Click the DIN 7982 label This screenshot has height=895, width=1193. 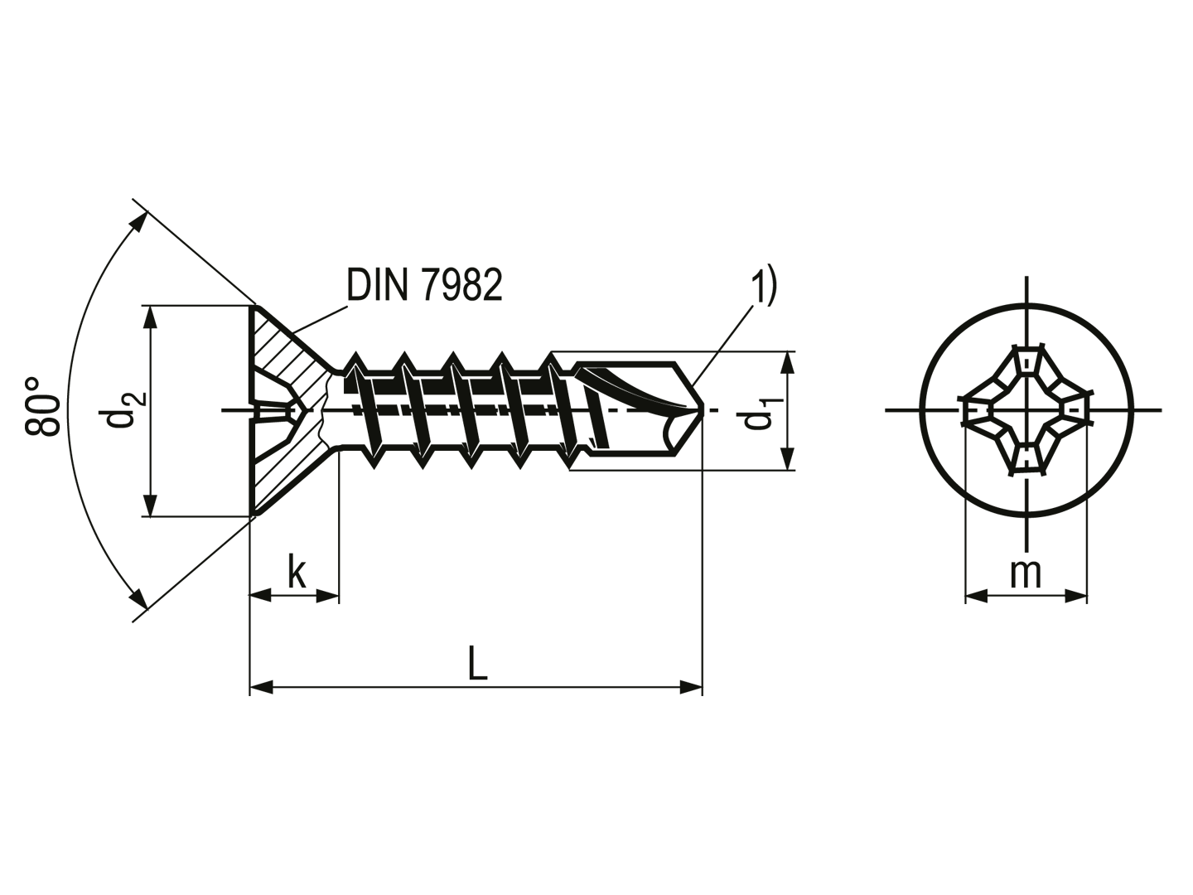(424, 285)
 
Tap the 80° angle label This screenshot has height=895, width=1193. (42, 406)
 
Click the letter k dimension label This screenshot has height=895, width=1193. (297, 572)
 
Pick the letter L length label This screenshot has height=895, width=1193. (477, 663)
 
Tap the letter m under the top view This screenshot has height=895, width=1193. (1026, 573)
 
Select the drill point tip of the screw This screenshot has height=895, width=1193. (703, 409)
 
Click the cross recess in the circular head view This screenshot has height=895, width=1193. (1026, 409)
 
